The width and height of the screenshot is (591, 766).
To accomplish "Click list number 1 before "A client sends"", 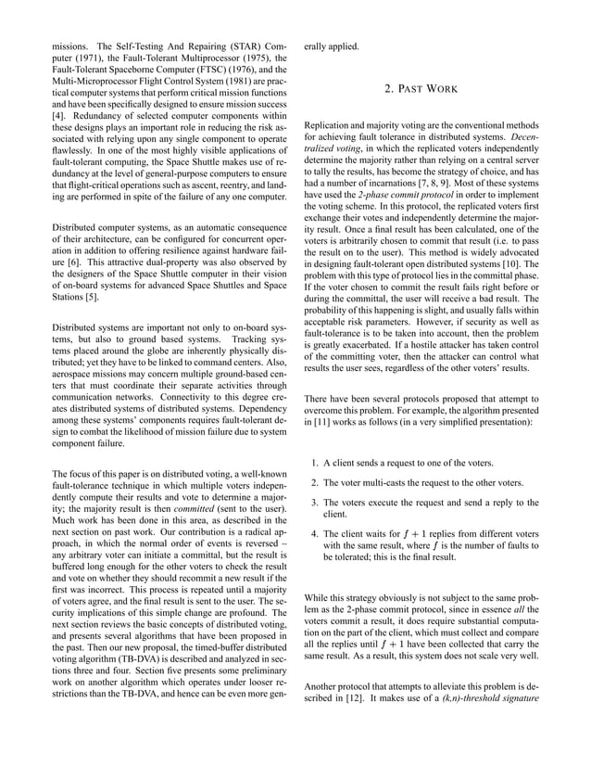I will (x=315, y=463).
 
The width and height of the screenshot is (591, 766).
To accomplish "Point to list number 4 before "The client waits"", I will (x=315, y=534).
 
